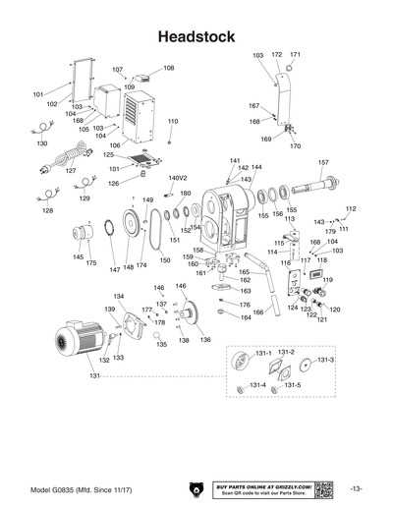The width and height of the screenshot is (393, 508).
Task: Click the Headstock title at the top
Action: [x=196, y=36]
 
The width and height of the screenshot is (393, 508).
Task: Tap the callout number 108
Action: [x=169, y=68]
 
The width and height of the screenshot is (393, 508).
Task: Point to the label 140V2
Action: [x=178, y=179]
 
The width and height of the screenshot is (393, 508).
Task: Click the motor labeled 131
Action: [x=79, y=345]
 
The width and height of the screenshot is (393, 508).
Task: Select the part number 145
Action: [x=78, y=257]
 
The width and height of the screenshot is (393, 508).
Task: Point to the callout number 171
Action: [x=295, y=54]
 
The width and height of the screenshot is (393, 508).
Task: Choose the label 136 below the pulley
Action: [x=205, y=339]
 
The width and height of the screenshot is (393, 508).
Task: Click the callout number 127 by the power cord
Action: [x=71, y=170]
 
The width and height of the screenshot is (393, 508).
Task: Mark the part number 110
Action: [x=173, y=121]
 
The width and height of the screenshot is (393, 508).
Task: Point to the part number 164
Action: [x=246, y=317]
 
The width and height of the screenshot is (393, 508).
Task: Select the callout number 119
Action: [x=327, y=280]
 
